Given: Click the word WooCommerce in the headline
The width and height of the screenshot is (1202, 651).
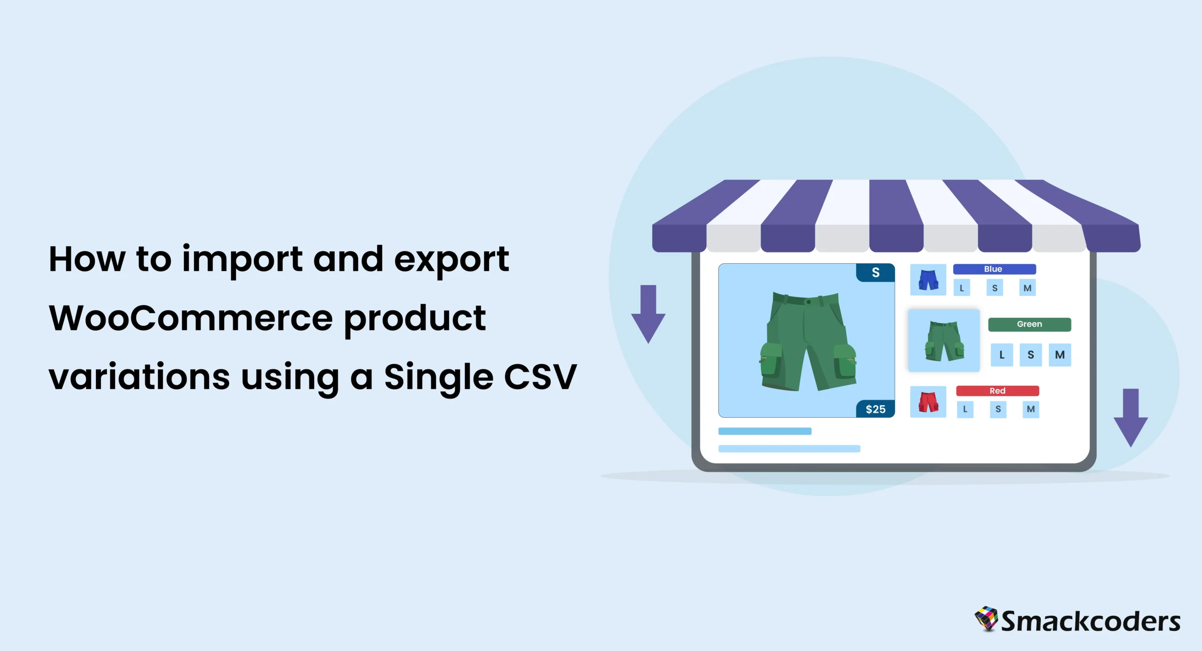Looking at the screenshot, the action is click(191, 318).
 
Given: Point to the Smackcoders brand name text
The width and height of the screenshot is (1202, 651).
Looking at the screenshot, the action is click(1091, 621).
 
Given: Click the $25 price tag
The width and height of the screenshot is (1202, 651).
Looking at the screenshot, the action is click(876, 409).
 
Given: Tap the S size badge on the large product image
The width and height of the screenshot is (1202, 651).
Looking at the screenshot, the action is click(876, 273).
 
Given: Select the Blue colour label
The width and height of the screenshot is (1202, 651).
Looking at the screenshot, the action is click(994, 269).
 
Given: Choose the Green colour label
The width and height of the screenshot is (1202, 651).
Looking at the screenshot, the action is click(1030, 324).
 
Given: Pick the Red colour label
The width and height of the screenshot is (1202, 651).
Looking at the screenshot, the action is click(998, 391).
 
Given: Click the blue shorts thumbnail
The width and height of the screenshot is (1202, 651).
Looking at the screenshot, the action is click(928, 280).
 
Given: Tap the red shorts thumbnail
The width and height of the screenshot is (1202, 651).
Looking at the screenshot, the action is click(928, 402).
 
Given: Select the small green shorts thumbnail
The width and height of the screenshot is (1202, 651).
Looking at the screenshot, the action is click(944, 340).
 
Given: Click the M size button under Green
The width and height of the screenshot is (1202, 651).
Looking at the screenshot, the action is click(1060, 355).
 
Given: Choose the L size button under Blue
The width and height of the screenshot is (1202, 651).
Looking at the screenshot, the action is click(962, 288).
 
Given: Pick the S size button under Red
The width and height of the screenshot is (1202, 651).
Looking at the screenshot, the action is click(998, 409).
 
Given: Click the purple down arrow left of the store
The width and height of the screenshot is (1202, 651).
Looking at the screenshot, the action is click(648, 314).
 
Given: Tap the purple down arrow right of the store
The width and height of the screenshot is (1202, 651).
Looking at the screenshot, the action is click(1131, 418).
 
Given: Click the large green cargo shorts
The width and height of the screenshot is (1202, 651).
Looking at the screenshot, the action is click(808, 341).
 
